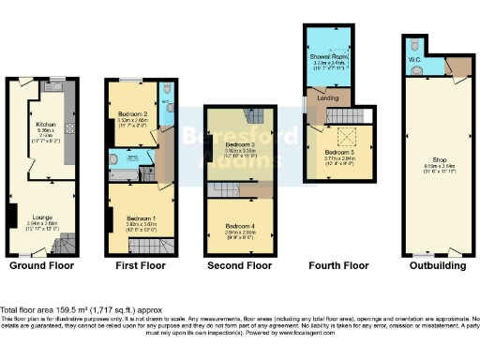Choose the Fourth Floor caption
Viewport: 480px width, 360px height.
[337, 266]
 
